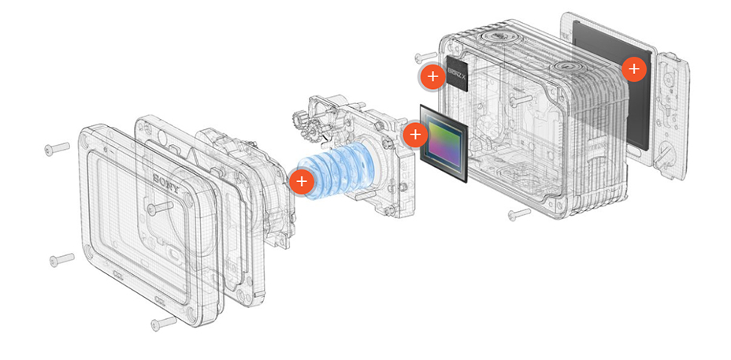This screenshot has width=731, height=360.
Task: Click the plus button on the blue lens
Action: (x=300, y=181)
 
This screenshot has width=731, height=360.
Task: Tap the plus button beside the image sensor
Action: (x=415, y=134)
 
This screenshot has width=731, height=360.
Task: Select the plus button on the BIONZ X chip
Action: (x=431, y=76)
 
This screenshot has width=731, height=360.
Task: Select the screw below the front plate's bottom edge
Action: (x=163, y=321)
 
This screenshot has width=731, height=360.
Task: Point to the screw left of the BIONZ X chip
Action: (x=423, y=57)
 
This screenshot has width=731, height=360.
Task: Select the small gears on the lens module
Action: (x=303, y=124)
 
